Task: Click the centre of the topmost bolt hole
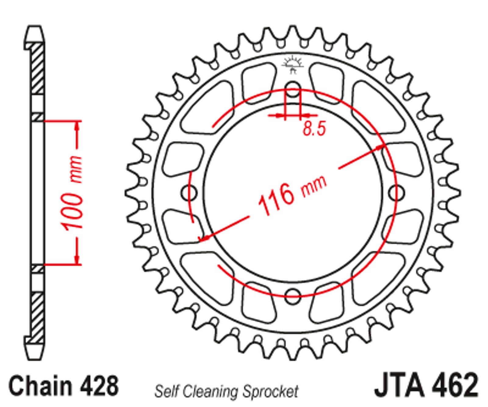[293, 89]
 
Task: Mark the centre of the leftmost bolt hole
[189, 193]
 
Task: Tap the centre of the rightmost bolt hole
[396, 193]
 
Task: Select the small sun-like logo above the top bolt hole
[293, 65]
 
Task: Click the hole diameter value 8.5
[314, 129]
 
